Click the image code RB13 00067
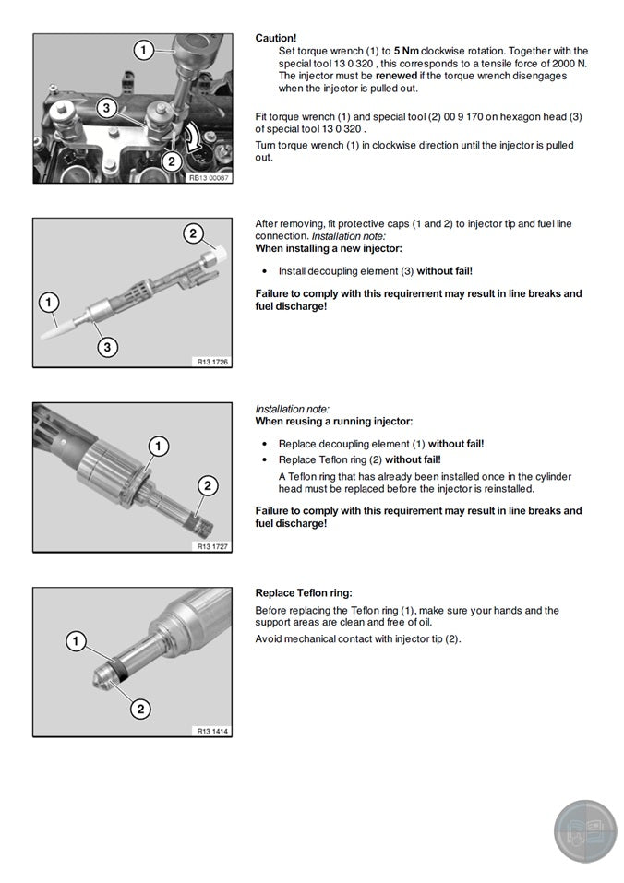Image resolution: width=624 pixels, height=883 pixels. [x=210, y=178]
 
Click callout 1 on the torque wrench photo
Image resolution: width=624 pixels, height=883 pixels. [x=143, y=50]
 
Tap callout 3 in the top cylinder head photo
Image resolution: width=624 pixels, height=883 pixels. [x=107, y=108]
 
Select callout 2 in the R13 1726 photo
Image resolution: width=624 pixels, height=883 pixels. [x=192, y=233]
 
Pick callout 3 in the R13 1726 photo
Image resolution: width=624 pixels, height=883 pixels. [x=108, y=347]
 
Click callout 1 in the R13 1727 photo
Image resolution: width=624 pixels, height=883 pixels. [x=159, y=447]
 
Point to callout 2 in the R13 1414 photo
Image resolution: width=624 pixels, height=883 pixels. [x=140, y=709]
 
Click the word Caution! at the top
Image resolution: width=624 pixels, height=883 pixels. [x=276, y=38]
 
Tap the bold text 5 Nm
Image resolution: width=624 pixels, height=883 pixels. [x=407, y=51]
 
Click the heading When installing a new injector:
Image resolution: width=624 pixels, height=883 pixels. [x=329, y=249]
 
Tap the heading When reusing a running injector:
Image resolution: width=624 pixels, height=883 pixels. [x=334, y=421]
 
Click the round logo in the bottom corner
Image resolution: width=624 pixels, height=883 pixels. [x=585, y=831]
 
